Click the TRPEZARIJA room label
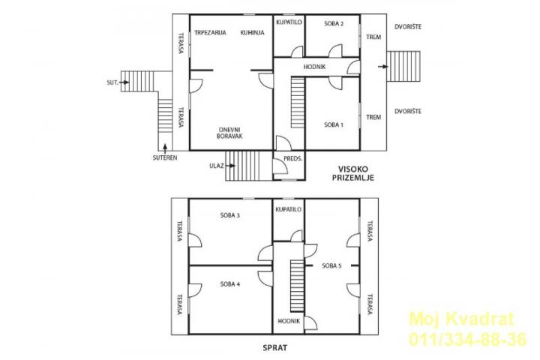click(210, 33)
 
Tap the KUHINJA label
click(253, 33)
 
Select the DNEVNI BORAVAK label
click(229, 133)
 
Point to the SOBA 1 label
click(333, 124)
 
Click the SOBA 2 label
click(334, 24)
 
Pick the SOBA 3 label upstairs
click(230, 216)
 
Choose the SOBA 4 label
click(230, 284)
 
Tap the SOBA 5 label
click(331, 266)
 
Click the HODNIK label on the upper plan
click(314, 67)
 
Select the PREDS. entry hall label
click(293, 159)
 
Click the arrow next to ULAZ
click(231, 166)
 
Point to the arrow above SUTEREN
click(165, 148)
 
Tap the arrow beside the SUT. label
click(124, 82)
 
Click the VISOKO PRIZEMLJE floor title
click(353, 174)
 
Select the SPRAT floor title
click(274, 348)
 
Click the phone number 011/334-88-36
click(467, 339)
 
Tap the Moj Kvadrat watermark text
click(461, 319)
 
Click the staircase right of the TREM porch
click(403, 67)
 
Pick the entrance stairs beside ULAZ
click(242, 166)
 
